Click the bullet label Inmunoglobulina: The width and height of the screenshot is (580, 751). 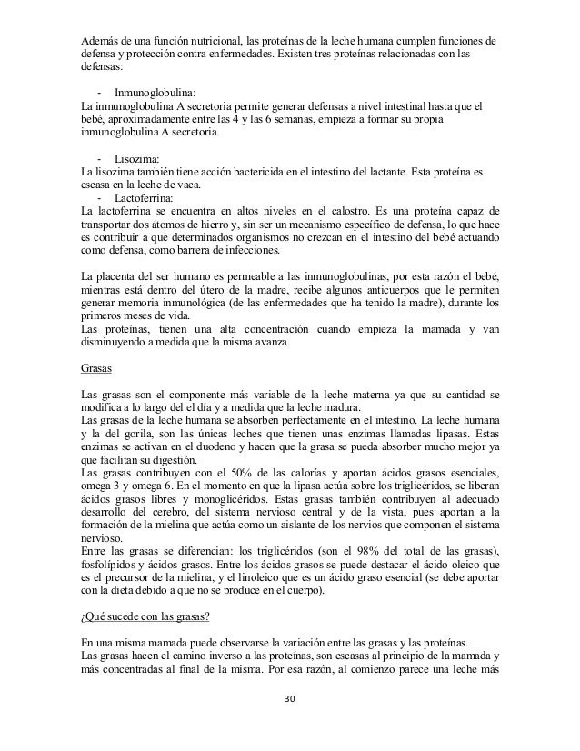click(x=155, y=93)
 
